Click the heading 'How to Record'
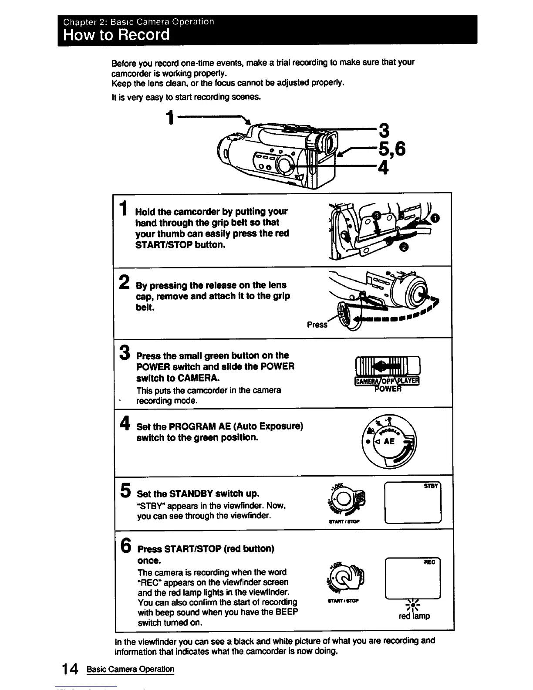pos(116,34)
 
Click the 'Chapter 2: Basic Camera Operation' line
pos(138,21)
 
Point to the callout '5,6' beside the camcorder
pos(391,149)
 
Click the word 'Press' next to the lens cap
pos(317,325)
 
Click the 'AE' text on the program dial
pos(389,441)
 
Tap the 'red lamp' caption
pos(414,616)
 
